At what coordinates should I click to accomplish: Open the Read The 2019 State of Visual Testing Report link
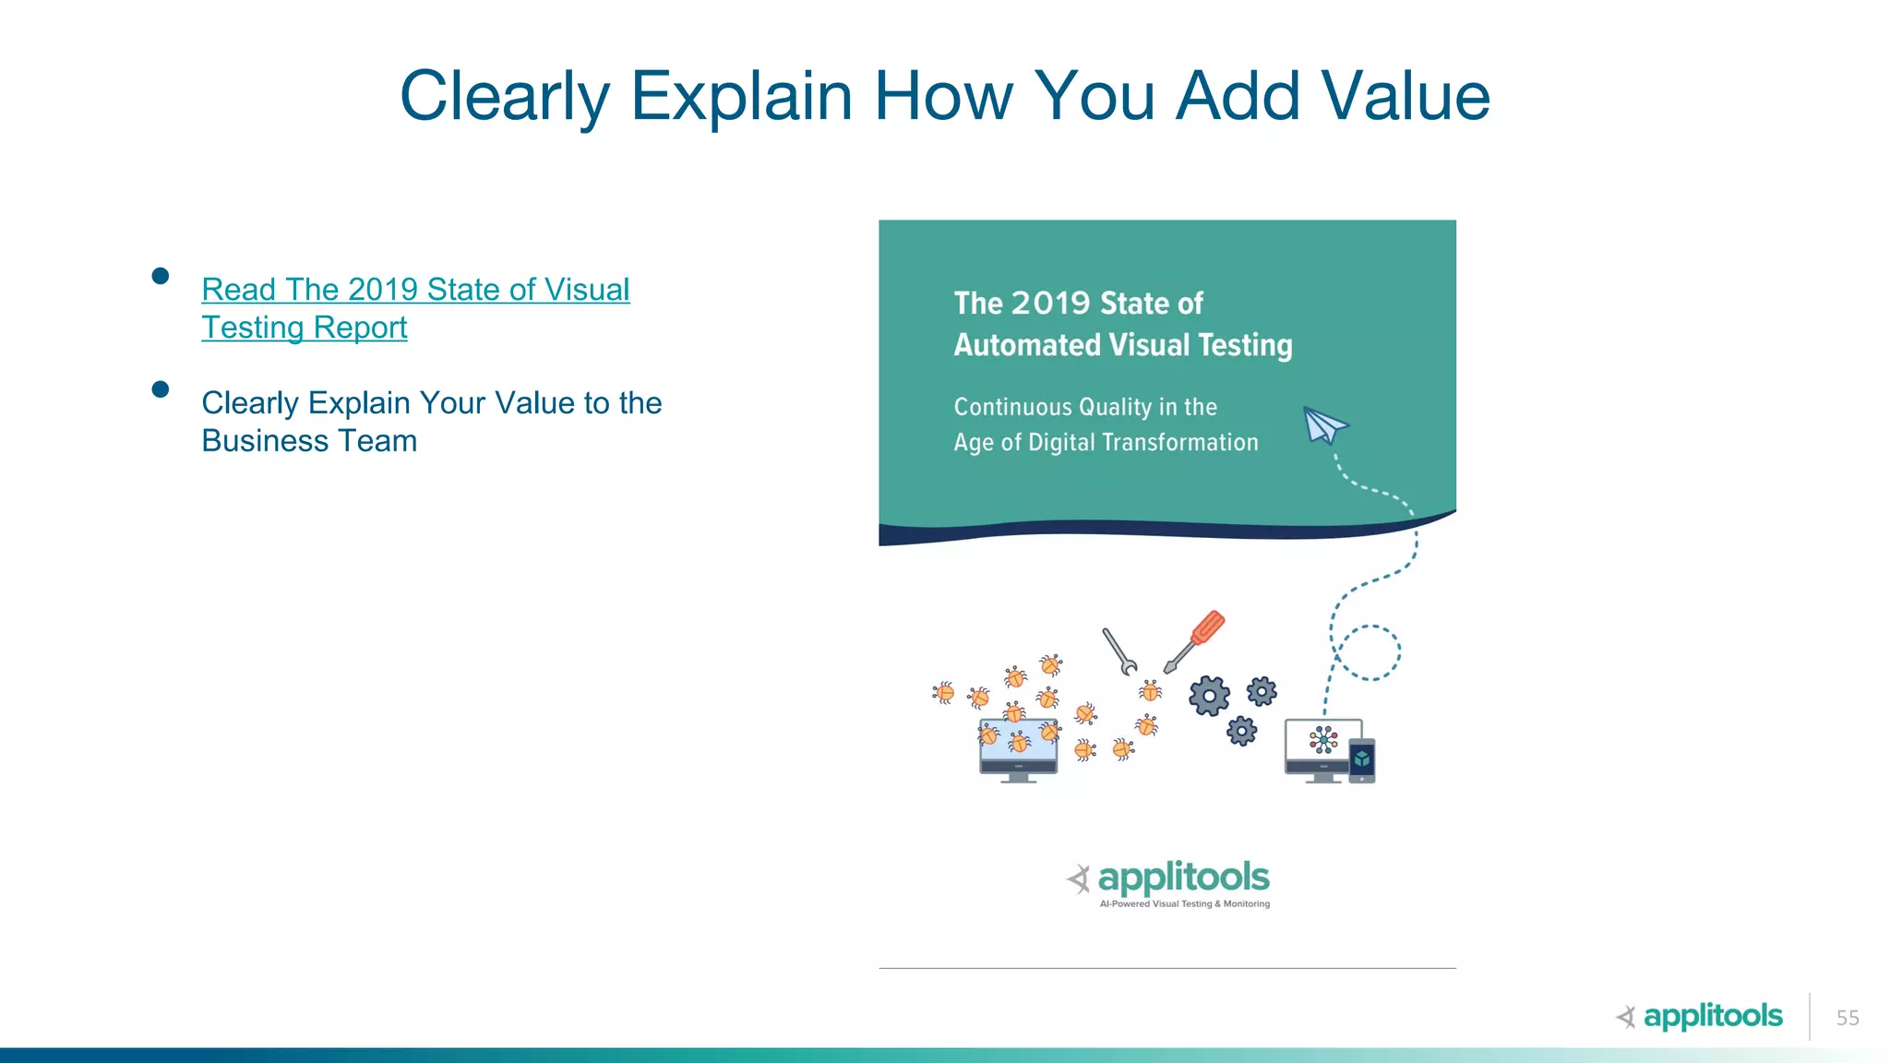pos(415,290)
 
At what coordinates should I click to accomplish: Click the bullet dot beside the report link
pos(161,276)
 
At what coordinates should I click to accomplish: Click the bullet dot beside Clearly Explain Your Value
pos(161,389)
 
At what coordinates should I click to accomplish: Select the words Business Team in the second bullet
pos(309,441)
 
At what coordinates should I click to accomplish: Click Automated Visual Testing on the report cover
pos(1122,345)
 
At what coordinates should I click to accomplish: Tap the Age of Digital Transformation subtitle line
pos(1106,443)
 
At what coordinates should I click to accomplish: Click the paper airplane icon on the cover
pos(1324,425)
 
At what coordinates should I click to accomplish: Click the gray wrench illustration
pos(1119,651)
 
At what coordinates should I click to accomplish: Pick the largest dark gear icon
pos(1209,696)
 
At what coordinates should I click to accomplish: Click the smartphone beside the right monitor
pos(1362,760)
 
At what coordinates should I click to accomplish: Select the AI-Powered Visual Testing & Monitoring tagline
pos(1184,904)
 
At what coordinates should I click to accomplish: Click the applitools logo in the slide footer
pos(1700,1016)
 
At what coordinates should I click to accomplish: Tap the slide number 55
pos(1847,1018)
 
